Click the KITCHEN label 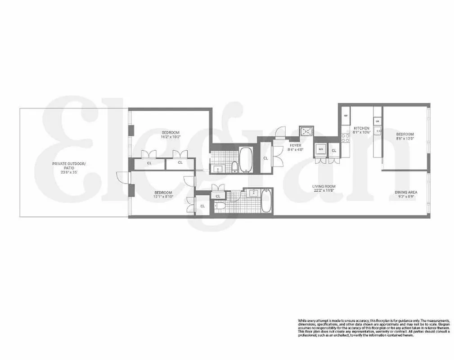click(361, 128)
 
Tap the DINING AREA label click(404, 192)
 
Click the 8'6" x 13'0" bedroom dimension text click(405, 139)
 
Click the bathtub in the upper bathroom click(246, 160)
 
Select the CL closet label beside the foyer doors click(265, 158)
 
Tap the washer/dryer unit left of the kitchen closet click(321, 149)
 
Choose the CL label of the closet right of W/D click(334, 150)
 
